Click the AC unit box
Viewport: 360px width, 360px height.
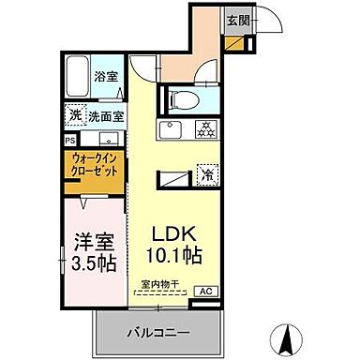pyautogui.click(x=204, y=292)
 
